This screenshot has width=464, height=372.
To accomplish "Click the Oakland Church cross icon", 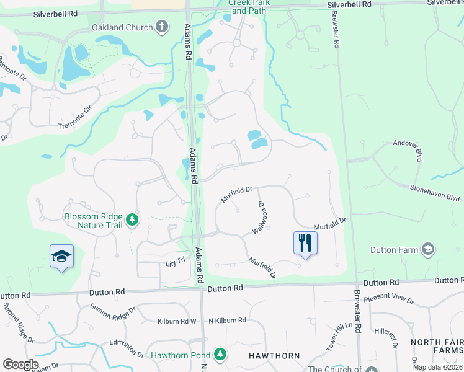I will [162, 27].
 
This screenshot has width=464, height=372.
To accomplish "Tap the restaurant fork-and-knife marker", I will [305, 242].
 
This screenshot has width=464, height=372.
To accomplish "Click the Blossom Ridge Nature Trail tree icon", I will [132, 219].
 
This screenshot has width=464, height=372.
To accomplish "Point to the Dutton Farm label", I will [395, 250].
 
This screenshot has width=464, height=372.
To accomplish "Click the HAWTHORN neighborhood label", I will [274, 356].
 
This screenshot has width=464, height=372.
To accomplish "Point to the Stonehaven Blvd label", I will [434, 192].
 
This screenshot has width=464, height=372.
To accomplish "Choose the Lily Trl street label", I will [176, 262].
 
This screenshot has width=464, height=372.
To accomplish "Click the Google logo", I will [20, 365].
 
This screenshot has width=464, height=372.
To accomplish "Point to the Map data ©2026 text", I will [437, 367].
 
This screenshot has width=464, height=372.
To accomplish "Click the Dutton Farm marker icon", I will [427, 250].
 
